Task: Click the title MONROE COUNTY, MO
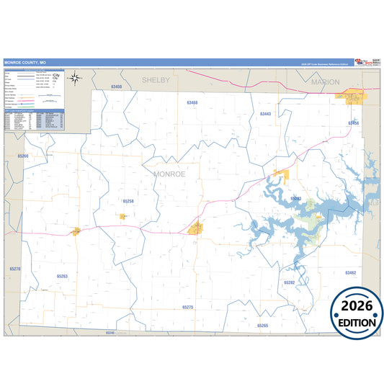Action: (x=24, y=63)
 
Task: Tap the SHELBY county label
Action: (x=156, y=81)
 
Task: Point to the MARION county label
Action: (x=325, y=83)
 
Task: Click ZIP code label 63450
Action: (x=117, y=87)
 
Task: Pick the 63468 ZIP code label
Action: (x=192, y=103)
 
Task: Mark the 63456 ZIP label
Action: (x=353, y=123)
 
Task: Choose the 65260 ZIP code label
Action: (x=23, y=156)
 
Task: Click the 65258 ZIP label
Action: (x=128, y=201)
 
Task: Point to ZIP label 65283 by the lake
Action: (x=295, y=199)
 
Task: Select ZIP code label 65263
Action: (x=62, y=276)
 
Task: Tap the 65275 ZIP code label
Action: (x=187, y=307)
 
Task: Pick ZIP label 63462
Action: (x=350, y=273)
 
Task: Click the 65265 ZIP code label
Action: (x=262, y=326)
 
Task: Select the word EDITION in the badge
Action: (x=357, y=322)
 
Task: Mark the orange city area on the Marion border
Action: (x=352, y=94)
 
